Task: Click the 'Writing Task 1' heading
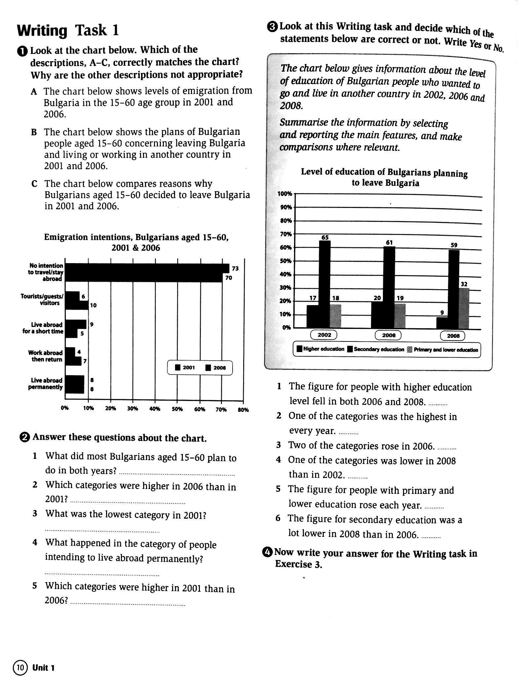tap(68, 31)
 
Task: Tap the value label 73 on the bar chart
tap(235, 269)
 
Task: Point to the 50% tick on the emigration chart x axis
tap(177, 409)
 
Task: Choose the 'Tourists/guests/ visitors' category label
tap(42, 299)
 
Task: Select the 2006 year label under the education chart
tap(388, 335)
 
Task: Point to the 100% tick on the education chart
tap(285, 194)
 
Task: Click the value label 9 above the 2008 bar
tap(442, 313)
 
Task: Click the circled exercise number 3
tap(272, 27)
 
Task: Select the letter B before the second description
tap(34, 133)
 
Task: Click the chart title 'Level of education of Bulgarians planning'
tap(384, 172)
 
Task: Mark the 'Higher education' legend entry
tap(320, 349)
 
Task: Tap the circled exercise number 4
tap(269, 552)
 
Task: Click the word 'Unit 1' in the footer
tap(43, 668)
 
